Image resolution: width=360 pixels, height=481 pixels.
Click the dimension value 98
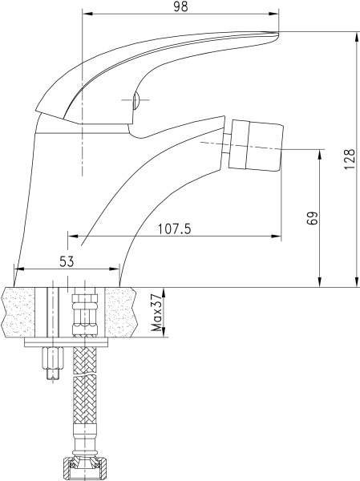[x=179, y=6]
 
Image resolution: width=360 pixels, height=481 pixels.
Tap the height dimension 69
[x=313, y=217]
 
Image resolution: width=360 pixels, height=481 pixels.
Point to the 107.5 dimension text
[x=175, y=228]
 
